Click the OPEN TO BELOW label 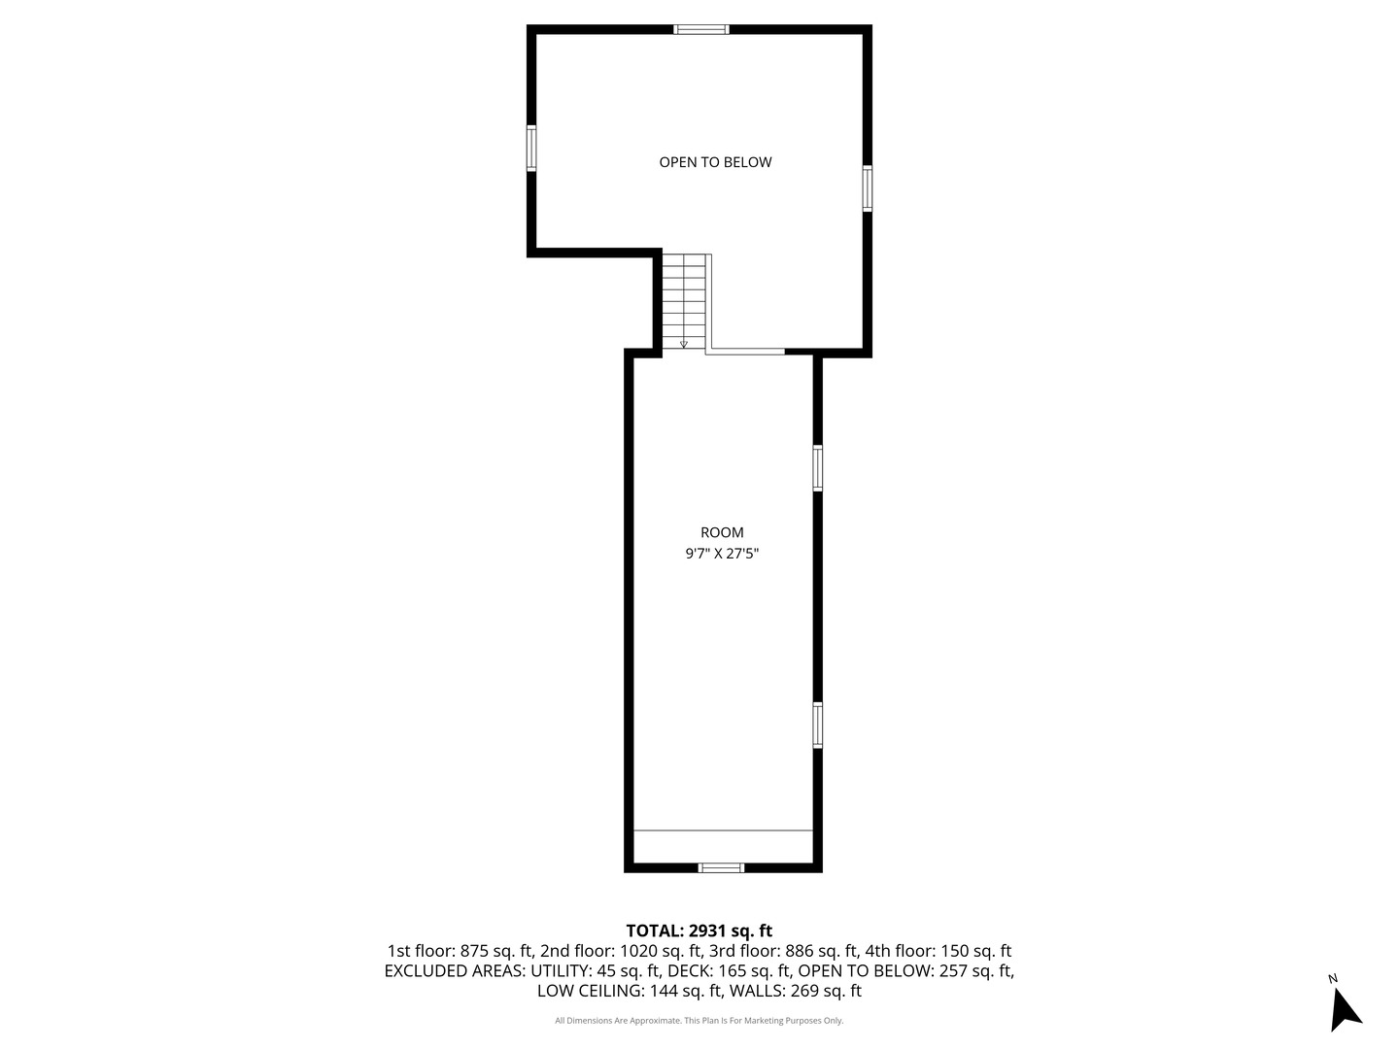715,162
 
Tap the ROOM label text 722,532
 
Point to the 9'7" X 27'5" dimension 722,555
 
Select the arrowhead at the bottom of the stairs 684,344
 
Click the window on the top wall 701,29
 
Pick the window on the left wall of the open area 531,149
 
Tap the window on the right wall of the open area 867,188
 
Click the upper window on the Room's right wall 818,468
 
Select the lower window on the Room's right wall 818,725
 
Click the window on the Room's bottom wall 721,867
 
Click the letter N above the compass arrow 1333,979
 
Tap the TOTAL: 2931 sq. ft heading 699,931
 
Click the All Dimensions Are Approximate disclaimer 699,1021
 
